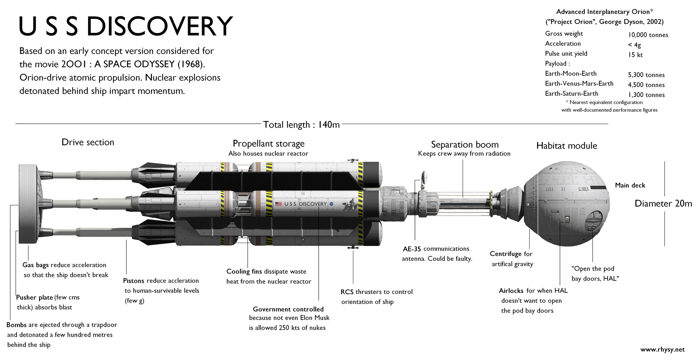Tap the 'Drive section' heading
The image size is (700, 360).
(88, 142)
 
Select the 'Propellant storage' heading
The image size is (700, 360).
(268, 144)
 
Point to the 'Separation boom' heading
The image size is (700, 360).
(465, 145)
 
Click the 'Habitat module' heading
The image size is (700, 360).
(566, 146)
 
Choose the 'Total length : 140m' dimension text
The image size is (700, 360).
(301, 125)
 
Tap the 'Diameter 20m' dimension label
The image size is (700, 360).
(663, 204)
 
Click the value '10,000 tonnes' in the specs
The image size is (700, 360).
(648, 35)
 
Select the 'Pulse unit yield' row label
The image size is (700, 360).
(566, 54)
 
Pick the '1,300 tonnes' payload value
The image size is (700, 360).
(646, 95)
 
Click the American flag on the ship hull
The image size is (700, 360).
(279, 204)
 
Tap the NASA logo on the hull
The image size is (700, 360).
(331, 204)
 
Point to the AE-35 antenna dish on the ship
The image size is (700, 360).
(424, 177)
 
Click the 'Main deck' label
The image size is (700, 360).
(630, 185)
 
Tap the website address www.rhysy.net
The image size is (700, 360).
(662, 350)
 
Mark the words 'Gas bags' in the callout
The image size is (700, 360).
(36, 265)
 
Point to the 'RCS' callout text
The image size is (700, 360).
(347, 292)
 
